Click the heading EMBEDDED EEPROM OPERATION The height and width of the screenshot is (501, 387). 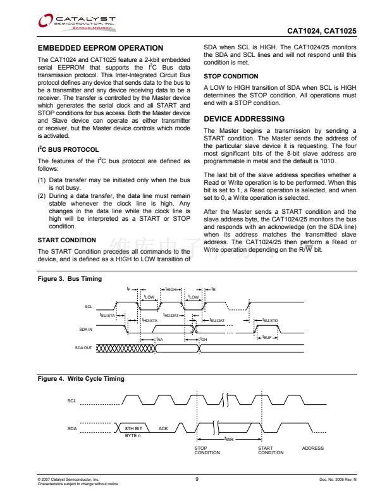101,48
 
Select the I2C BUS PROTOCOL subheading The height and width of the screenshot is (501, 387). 68,149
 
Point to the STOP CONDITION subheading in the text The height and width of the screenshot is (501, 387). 230,77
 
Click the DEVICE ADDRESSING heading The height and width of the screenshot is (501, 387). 244,119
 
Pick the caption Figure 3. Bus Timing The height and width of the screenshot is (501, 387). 70,279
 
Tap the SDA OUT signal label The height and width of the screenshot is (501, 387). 83,348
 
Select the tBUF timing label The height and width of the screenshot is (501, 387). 268,337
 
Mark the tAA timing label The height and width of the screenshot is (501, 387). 159,340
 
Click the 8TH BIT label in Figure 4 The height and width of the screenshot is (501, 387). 133,429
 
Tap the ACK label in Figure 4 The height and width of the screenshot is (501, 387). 163,429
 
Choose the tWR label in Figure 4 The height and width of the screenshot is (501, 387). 230,438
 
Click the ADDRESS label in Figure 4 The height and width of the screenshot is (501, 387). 313,448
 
